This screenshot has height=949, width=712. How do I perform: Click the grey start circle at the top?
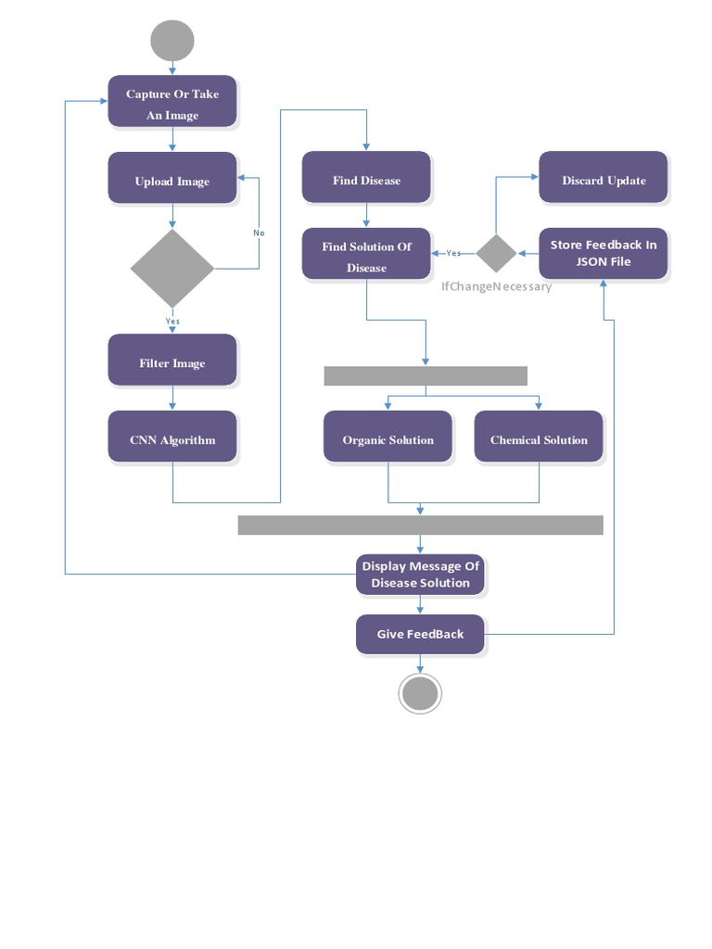pos(172,41)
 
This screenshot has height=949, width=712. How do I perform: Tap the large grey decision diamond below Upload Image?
pos(172,268)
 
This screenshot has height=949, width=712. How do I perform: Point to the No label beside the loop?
pos(259,233)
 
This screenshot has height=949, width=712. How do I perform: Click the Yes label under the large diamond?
pos(172,321)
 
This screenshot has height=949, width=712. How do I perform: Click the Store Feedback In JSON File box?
pos(604,253)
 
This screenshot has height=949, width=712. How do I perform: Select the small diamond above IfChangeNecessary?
pos(496,253)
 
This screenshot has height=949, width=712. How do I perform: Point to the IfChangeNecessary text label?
pos(496,286)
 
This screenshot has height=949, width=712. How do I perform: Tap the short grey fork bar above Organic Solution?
pos(426,375)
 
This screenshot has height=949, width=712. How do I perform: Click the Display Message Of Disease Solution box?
pos(421,575)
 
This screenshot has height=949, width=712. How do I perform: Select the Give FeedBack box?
pos(421,634)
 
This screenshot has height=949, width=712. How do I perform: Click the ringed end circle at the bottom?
pos(420,693)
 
